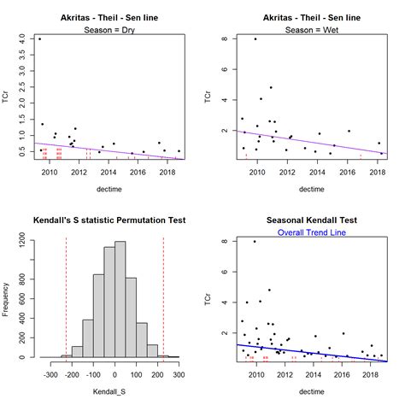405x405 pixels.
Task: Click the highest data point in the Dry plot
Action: point(39,39)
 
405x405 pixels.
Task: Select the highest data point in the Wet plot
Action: point(255,39)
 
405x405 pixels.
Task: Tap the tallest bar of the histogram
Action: point(120,299)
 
